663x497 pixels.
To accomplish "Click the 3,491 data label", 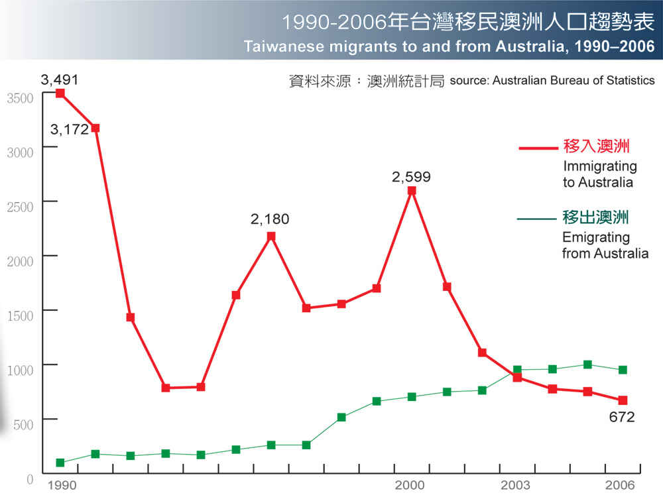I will click(x=60, y=80).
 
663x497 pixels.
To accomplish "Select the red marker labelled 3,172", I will click(x=95, y=128).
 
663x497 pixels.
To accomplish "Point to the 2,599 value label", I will click(x=411, y=177).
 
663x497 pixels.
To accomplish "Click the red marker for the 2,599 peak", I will click(x=412, y=191).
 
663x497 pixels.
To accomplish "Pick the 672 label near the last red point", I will click(x=623, y=417).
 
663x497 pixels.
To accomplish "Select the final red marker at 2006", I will click(x=623, y=400).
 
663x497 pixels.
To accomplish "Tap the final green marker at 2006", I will click(x=623, y=370).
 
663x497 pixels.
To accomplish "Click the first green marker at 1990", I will click(x=60, y=463).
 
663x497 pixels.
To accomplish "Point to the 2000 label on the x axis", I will click(x=410, y=485).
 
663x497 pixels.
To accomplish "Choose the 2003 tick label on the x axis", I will click(x=515, y=485).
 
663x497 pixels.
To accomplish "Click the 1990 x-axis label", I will click(x=60, y=485).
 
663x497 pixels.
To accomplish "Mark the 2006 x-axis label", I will click(x=621, y=485).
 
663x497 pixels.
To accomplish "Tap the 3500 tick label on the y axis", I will click(x=20, y=97).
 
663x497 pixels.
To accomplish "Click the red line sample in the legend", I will click(x=536, y=148).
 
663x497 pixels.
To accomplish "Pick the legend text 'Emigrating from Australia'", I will click(x=605, y=245).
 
